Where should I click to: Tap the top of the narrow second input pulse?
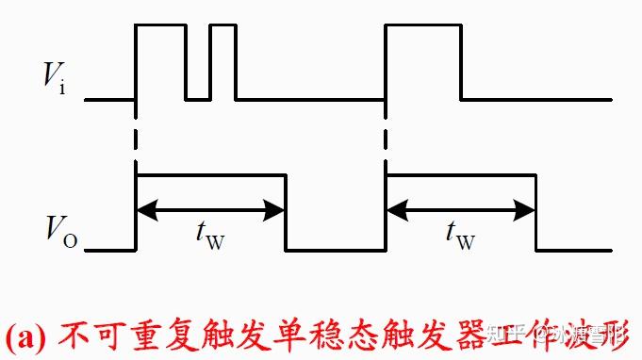tap(222, 26)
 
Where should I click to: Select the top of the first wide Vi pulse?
tap(161, 26)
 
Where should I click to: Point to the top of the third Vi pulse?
tap(423, 26)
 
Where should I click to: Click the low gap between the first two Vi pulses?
tap(198, 98)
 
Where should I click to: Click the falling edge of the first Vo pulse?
tap(285, 213)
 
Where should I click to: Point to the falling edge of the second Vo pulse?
tap(535, 213)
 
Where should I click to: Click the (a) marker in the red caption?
tap(26, 335)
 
